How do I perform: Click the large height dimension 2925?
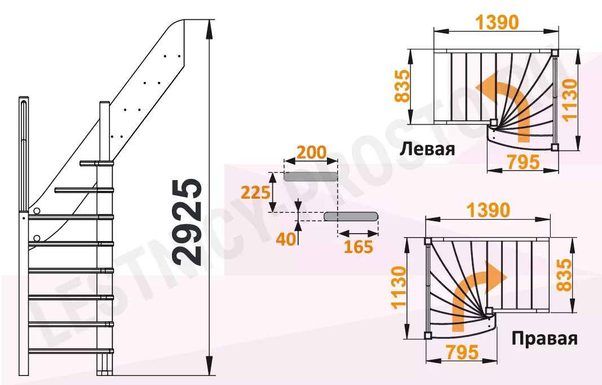(187, 222)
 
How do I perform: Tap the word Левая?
(427, 149)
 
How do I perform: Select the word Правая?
(545, 339)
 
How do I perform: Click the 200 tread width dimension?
(311, 152)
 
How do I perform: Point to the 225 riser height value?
(255, 193)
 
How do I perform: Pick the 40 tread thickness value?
(286, 239)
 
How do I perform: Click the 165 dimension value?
(358, 247)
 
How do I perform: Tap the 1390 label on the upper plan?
(497, 23)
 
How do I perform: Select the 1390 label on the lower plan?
(488, 211)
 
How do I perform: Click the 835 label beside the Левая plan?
(402, 86)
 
